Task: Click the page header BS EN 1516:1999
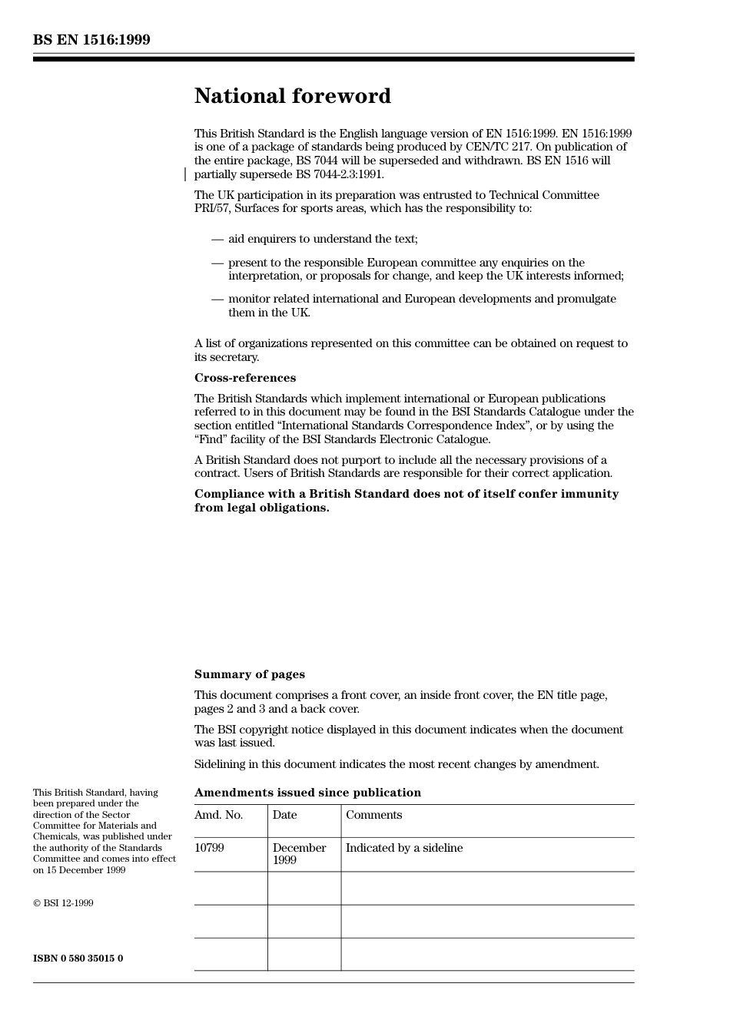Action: [x=91, y=40]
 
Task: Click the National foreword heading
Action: [x=292, y=96]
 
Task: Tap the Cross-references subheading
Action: [x=244, y=378]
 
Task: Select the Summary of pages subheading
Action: [x=249, y=674]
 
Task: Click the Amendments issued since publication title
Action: [x=307, y=793]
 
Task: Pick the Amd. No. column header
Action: [x=218, y=815]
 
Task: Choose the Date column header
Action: [x=284, y=815]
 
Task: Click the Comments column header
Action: [x=373, y=815]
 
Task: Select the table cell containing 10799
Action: [x=209, y=848]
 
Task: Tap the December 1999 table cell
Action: [x=299, y=854]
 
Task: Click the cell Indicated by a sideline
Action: [x=404, y=848]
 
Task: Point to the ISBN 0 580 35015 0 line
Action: [x=78, y=959]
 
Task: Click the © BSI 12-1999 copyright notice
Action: [x=63, y=903]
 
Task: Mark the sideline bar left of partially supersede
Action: [x=185, y=174]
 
